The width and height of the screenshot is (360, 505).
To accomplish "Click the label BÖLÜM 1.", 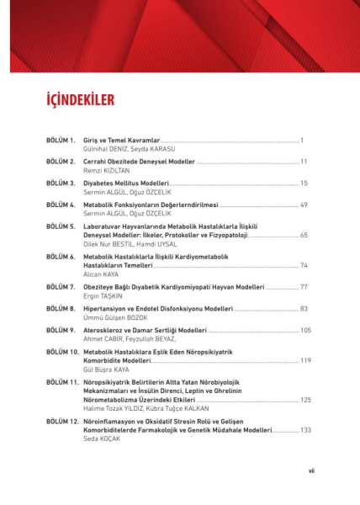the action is point(61,138).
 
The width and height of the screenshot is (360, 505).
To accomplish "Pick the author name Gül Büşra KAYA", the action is point(108,368).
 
